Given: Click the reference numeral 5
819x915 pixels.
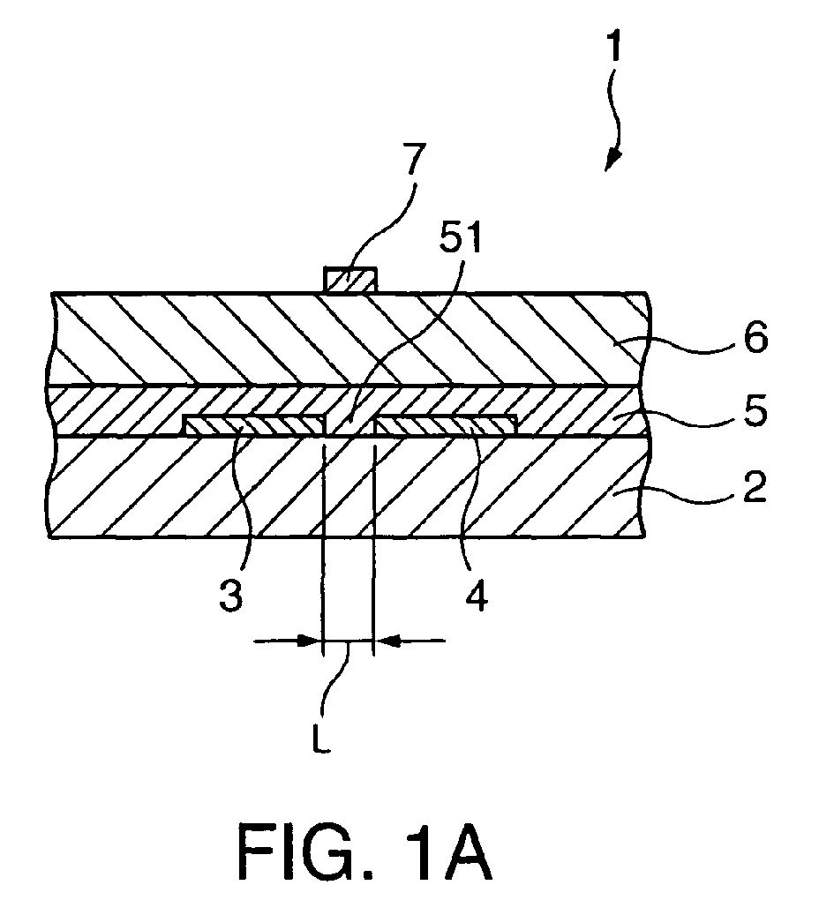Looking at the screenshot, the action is (x=755, y=411).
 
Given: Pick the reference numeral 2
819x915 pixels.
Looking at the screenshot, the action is (x=754, y=486).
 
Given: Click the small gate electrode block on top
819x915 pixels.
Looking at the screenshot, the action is (x=350, y=280).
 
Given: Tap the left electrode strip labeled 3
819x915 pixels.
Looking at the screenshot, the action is (x=254, y=425).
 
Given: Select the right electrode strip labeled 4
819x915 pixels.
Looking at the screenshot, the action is (x=446, y=425).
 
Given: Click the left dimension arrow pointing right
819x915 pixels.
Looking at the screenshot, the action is (x=288, y=641).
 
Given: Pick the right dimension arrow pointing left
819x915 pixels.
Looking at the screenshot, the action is (x=409, y=641).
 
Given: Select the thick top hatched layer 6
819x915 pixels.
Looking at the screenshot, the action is (x=349, y=339).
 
